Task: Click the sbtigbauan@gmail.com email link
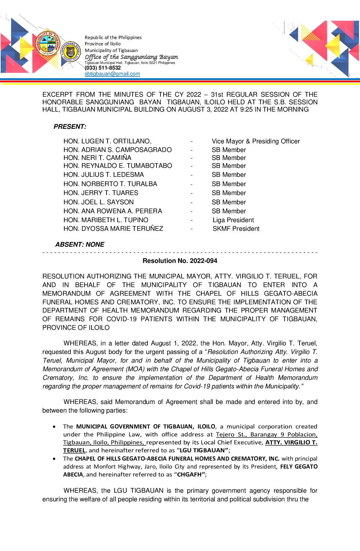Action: [x=112, y=74]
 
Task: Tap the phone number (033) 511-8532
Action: [x=103, y=68]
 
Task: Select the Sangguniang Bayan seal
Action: [x=70, y=52]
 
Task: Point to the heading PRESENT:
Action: [x=70, y=126]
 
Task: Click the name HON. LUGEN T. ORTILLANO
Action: [x=107, y=141]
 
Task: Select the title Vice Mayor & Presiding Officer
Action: [x=256, y=141]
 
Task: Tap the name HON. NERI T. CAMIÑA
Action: [x=97, y=158]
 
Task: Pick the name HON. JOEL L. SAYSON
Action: [x=99, y=202]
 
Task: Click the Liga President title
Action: [x=233, y=220]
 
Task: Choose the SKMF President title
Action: [x=236, y=229]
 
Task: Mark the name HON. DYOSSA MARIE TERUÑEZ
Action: [x=113, y=229]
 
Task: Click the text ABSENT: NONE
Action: [x=80, y=244]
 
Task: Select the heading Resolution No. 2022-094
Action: [x=180, y=261]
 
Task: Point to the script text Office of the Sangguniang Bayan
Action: [x=131, y=57]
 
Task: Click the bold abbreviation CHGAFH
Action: [x=189, y=475]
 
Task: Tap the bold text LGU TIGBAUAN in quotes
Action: [x=203, y=450]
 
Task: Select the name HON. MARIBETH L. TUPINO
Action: [x=106, y=220]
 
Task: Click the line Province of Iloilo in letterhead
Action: [x=103, y=44]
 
